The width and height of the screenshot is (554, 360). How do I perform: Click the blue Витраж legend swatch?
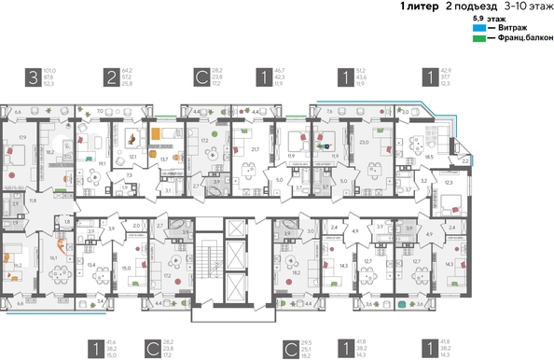(x=478, y=29)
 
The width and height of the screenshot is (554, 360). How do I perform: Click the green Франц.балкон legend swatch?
(x=478, y=38)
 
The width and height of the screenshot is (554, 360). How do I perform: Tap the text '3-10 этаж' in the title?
(x=524, y=7)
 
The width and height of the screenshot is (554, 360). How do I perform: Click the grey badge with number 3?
(x=34, y=77)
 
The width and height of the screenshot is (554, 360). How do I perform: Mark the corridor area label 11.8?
(x=35, y=200)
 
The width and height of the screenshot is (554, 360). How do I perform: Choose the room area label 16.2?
(x=19, y=265)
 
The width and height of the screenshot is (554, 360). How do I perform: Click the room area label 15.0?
(x=125, y=267)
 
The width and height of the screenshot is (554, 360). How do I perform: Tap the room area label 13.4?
(x=91, y=265)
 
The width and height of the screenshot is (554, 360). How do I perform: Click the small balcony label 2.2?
(x=465, y=160)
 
